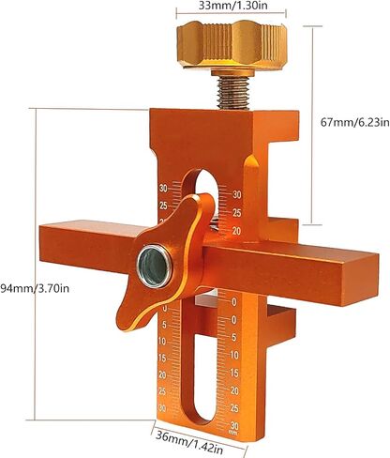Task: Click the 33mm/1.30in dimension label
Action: [232, 6]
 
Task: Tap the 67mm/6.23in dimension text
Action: [355, 122]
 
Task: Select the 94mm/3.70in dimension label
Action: [35, 288]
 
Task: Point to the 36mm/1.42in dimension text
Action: [189, 441]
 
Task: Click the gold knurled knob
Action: [232, 44]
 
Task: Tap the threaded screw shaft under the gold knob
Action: [233, 93]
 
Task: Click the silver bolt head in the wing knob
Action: [154, 267]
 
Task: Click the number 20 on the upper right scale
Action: [236, 231]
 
